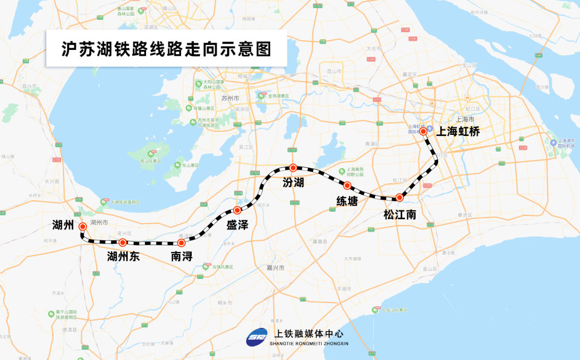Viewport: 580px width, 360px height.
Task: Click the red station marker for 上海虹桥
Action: pos(423,131)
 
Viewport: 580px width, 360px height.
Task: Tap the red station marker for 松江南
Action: pos(399,198)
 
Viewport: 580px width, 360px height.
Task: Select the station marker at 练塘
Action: pos(347,186)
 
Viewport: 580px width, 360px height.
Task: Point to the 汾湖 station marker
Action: pos(293,168)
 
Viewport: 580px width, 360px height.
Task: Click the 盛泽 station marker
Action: pos(237,210)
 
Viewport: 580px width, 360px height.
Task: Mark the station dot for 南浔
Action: pos(181,243)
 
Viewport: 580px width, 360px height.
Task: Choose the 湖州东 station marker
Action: pos(123,243)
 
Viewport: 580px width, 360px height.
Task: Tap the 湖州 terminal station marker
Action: pos(83,227)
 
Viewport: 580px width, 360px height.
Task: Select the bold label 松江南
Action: pos(400,214)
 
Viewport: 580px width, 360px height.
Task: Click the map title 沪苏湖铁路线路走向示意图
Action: pos(166,49)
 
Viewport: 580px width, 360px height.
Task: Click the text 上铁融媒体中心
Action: pos(308,334)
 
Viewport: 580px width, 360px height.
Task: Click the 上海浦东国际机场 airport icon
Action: pos(553,142)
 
